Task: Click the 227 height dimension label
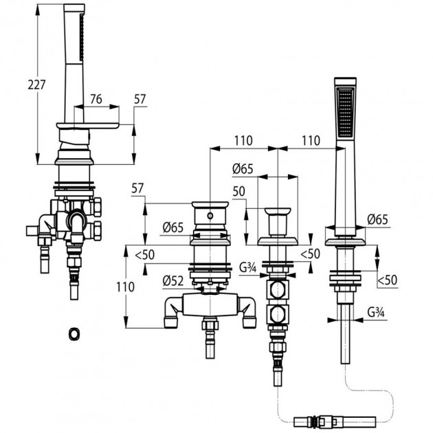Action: (x=36, y=85)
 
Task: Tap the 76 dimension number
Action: (x=96, y=99)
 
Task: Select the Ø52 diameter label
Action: (x=173, y=281)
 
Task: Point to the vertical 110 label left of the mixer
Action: (x=125, y=287)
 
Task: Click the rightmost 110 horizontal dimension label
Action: (x=311, y=140)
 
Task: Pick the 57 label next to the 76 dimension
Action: (x=140, y=99)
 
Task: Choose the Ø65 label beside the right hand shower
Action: (x=378, y=219)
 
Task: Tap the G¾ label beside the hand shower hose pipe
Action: (x=376, y=312)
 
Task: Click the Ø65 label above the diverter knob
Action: (x=243, y=168)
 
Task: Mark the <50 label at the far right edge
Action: (x=387, y=280)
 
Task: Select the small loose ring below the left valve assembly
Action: (x=74, y=333)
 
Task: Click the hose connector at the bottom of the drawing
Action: (x=335, y=421)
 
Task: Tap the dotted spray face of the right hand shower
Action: (x=345, y=112)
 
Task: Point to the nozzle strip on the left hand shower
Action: (x=81, y=37)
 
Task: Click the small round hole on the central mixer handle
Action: (x=210, y=215)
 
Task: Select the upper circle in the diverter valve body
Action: (x=278, y=289)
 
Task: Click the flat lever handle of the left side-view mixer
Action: (x=88, y=126)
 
